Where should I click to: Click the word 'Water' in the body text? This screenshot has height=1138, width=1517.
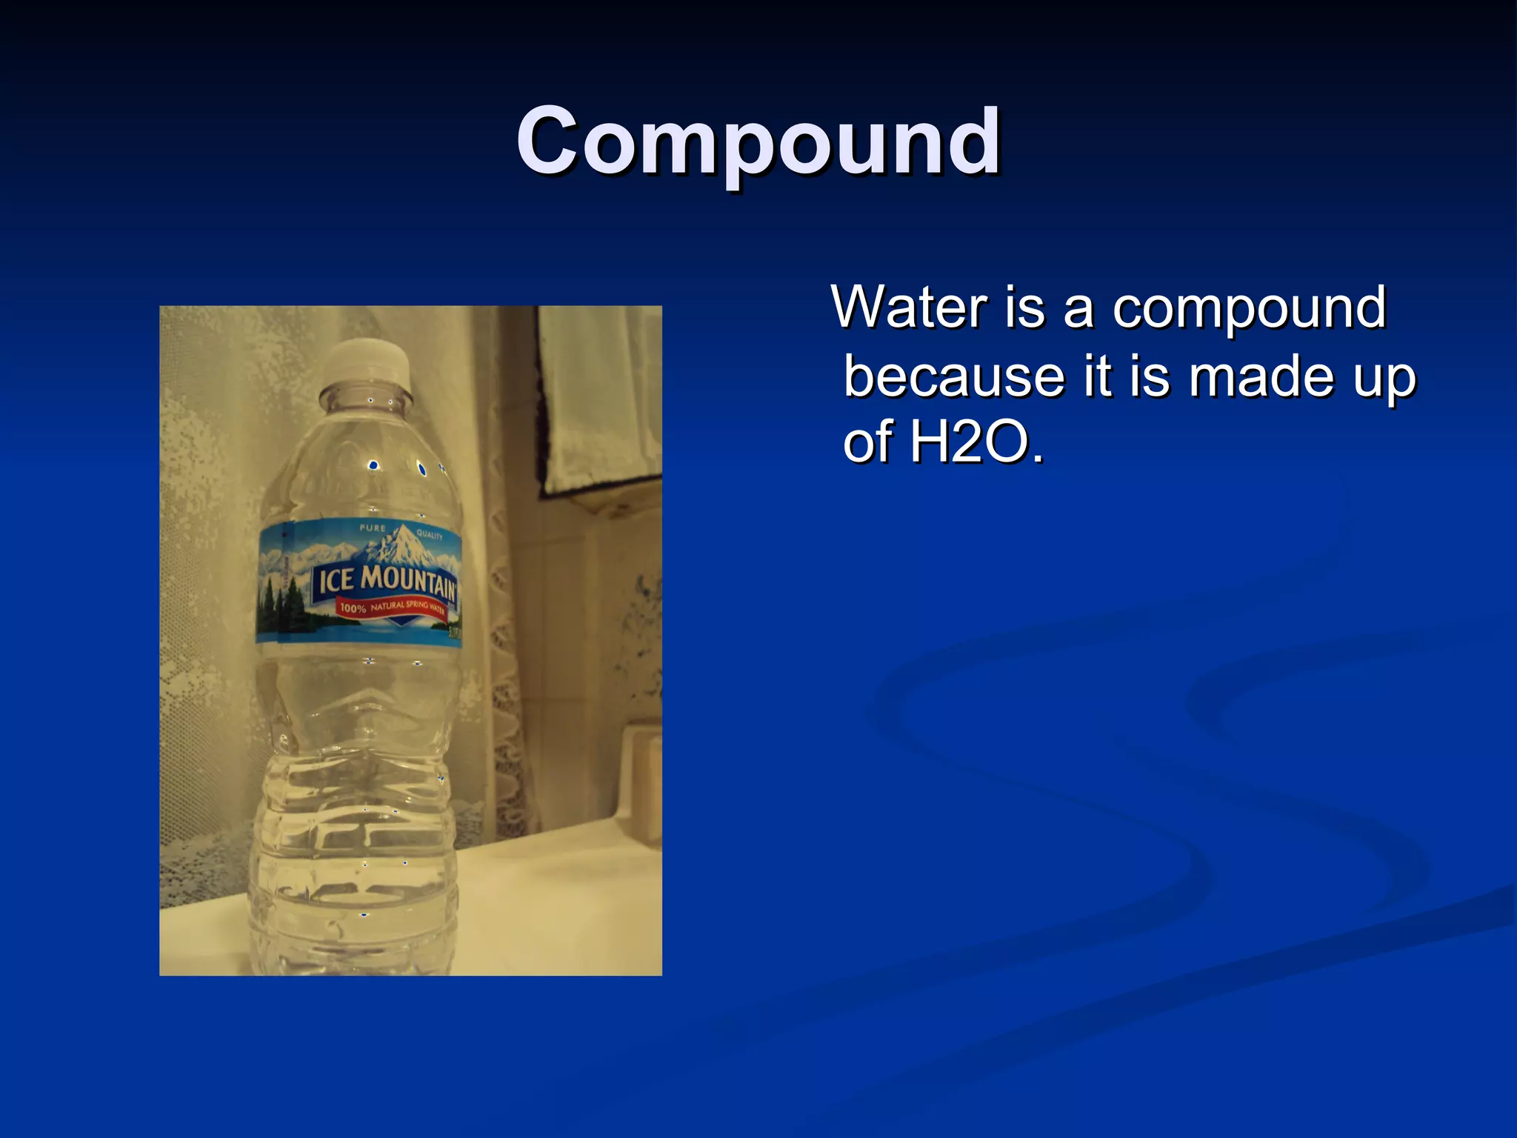point(910,307)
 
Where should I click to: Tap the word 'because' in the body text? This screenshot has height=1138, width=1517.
point(954,376)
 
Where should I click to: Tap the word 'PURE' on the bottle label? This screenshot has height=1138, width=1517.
point(373,528)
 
